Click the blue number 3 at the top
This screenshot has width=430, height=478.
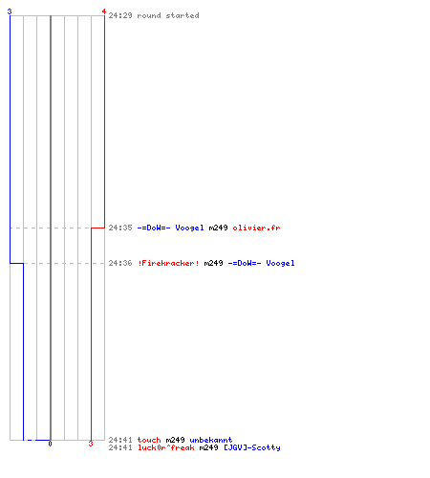click(x=10, y=11)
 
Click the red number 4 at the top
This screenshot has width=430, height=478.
click(x=104, y=11)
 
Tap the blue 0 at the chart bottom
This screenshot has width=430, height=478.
click(x=50, y=444)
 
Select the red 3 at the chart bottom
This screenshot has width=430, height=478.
click(x=91, y=444)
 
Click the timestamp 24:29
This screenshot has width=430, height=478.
click(x=120, y=15)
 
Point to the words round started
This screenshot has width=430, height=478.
click(x=168, y=15)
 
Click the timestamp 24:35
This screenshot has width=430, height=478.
click(x=120, y=228)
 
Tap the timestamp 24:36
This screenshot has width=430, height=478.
click(x=120, y=263)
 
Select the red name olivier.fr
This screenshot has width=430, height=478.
click(x=256, y=228)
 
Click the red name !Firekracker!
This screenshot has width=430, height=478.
click(x=168, y=263)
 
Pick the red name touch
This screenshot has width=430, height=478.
click(x=149, y=440)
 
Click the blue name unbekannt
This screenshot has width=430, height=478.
click(x=211, y=440)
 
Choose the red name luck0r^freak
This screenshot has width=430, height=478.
click(x=166, y=447)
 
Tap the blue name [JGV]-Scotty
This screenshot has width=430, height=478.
click(x=252, y=447)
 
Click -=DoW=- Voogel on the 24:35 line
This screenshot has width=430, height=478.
click(x=170, y=228)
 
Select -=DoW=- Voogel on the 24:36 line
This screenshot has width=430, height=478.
click(x=261, y=263)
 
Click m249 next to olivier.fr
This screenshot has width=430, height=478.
click(x=218, y=228)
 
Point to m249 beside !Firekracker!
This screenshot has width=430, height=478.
click(x=213, y=263)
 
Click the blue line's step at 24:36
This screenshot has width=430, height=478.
click(x=16, y=263)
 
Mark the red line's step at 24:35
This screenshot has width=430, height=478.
click(x=97, y=228)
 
